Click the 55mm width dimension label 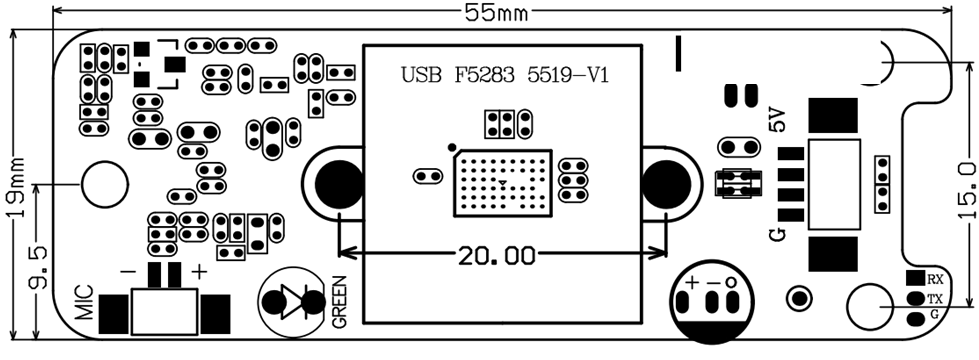pos(496,12)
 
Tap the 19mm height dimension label pos(15,187)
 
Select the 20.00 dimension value pos(497,255)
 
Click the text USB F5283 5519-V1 pos(504,76)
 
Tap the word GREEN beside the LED pos(339,302)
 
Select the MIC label pos(84,303)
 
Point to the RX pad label pos(935,278)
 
